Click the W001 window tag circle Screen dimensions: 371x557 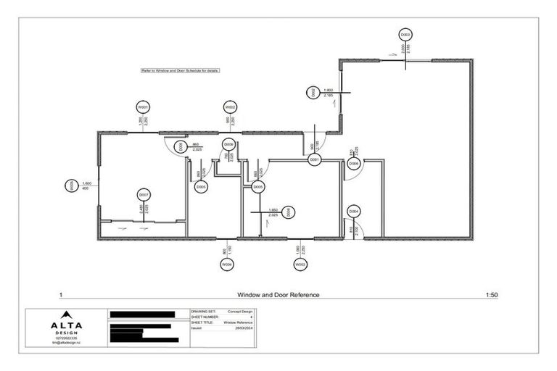[143, 107]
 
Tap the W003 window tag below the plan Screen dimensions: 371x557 [300, 265]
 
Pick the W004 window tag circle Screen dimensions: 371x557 [228, 265]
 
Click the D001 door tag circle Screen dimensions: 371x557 [315, 159]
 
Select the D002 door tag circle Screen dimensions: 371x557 [313, 92]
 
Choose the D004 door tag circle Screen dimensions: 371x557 [354, 212]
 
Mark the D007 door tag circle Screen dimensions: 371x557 [144, 195]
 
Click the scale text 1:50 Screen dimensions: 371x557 [491, 295]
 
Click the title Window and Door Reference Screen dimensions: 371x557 [278, 295]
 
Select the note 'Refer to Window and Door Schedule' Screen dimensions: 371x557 [180, 71]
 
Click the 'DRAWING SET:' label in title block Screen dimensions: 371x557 [202, 311]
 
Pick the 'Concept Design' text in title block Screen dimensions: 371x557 [240, 311]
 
